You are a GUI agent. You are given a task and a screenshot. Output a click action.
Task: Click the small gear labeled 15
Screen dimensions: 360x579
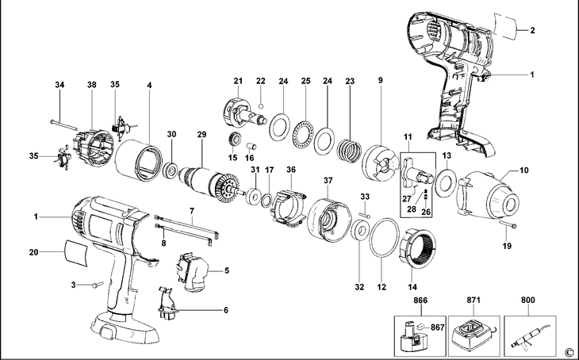233,143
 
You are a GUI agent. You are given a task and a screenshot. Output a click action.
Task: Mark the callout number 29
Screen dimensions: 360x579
201,134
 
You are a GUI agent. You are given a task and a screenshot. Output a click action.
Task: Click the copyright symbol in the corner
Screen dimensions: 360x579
568,351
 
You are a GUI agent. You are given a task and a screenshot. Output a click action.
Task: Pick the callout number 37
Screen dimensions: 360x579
327,180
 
